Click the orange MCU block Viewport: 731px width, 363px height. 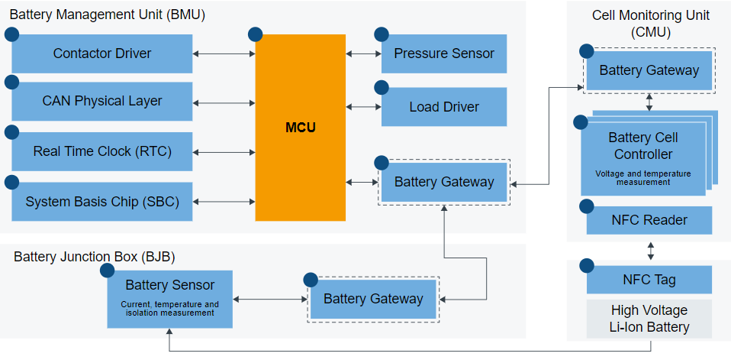click(x=300, y=128)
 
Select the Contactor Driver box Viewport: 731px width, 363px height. click(x=102, y=53)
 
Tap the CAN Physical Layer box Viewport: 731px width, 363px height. click(x=102, y=101)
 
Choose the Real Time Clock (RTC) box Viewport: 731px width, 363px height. click(x=102, y=151)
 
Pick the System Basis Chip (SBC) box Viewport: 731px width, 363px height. click(x=102, y=202)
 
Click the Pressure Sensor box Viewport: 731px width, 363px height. click(x=444, y=53)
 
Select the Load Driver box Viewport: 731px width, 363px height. click(x=444, y=107)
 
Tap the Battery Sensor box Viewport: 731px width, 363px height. click(x=170, y=297)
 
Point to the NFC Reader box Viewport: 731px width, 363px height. click(x=649, y=220)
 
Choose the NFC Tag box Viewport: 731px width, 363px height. click(x=649, y=280)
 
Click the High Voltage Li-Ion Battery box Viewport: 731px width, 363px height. click(x=649, y=319)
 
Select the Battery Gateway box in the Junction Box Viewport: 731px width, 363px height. click(x=373, y=299)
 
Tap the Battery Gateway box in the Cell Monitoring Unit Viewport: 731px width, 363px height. click(x=649, y=70)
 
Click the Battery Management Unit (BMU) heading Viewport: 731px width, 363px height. click(x=108, y=15)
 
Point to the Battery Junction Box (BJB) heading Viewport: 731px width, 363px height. click(x=95, y=256)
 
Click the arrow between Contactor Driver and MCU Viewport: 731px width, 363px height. click(x=224, y=53)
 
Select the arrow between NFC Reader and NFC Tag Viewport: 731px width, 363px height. click(x=650, y=250)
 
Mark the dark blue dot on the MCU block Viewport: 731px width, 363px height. click(x=256, y=34)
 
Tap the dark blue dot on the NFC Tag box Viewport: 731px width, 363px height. click(x=587, y=266)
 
